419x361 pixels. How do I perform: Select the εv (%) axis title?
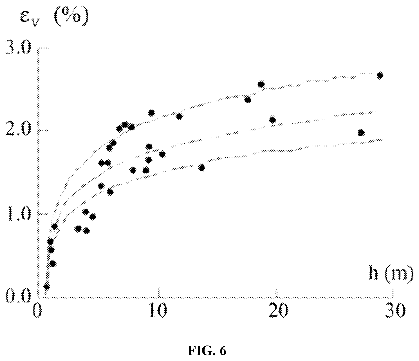pos(54,17)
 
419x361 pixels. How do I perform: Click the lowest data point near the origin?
pos(47,287)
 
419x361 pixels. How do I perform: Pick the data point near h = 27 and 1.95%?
pos(361,133)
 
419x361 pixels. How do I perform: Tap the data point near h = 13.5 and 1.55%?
pos(202,168)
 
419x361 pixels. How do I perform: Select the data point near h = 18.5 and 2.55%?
pos(261,84)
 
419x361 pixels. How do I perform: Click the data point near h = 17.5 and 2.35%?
pos(248,100)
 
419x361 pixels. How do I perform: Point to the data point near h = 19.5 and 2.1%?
pos(272,120)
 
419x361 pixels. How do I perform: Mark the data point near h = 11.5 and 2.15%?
pos(180,116)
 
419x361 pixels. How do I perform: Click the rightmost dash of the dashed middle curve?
pos(356,114)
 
